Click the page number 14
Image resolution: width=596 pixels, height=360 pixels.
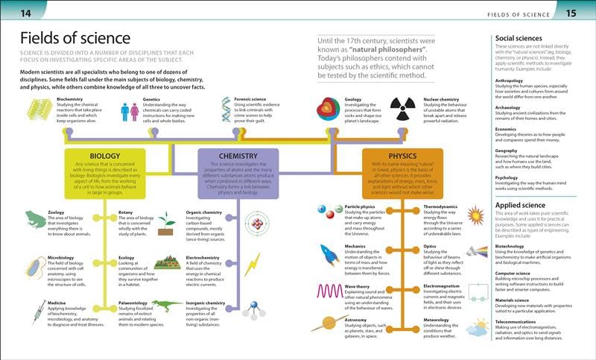coord(25,13)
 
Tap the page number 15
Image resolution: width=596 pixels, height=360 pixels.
coord(571,13)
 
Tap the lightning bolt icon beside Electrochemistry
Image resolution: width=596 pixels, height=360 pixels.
coord(253,264)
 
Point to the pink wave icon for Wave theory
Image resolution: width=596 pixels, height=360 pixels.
coord(329,291)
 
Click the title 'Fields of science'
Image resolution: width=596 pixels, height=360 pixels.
coord(72,39)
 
